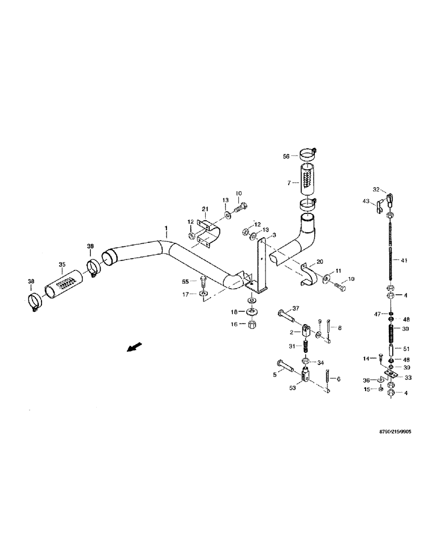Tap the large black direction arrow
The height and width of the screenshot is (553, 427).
133,347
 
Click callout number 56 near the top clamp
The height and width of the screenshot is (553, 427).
286,156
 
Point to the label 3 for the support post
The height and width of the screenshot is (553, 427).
273,235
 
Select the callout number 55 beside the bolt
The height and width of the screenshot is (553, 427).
186,281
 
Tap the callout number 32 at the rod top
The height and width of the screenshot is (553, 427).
377,189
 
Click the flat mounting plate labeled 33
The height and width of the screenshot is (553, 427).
393,377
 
